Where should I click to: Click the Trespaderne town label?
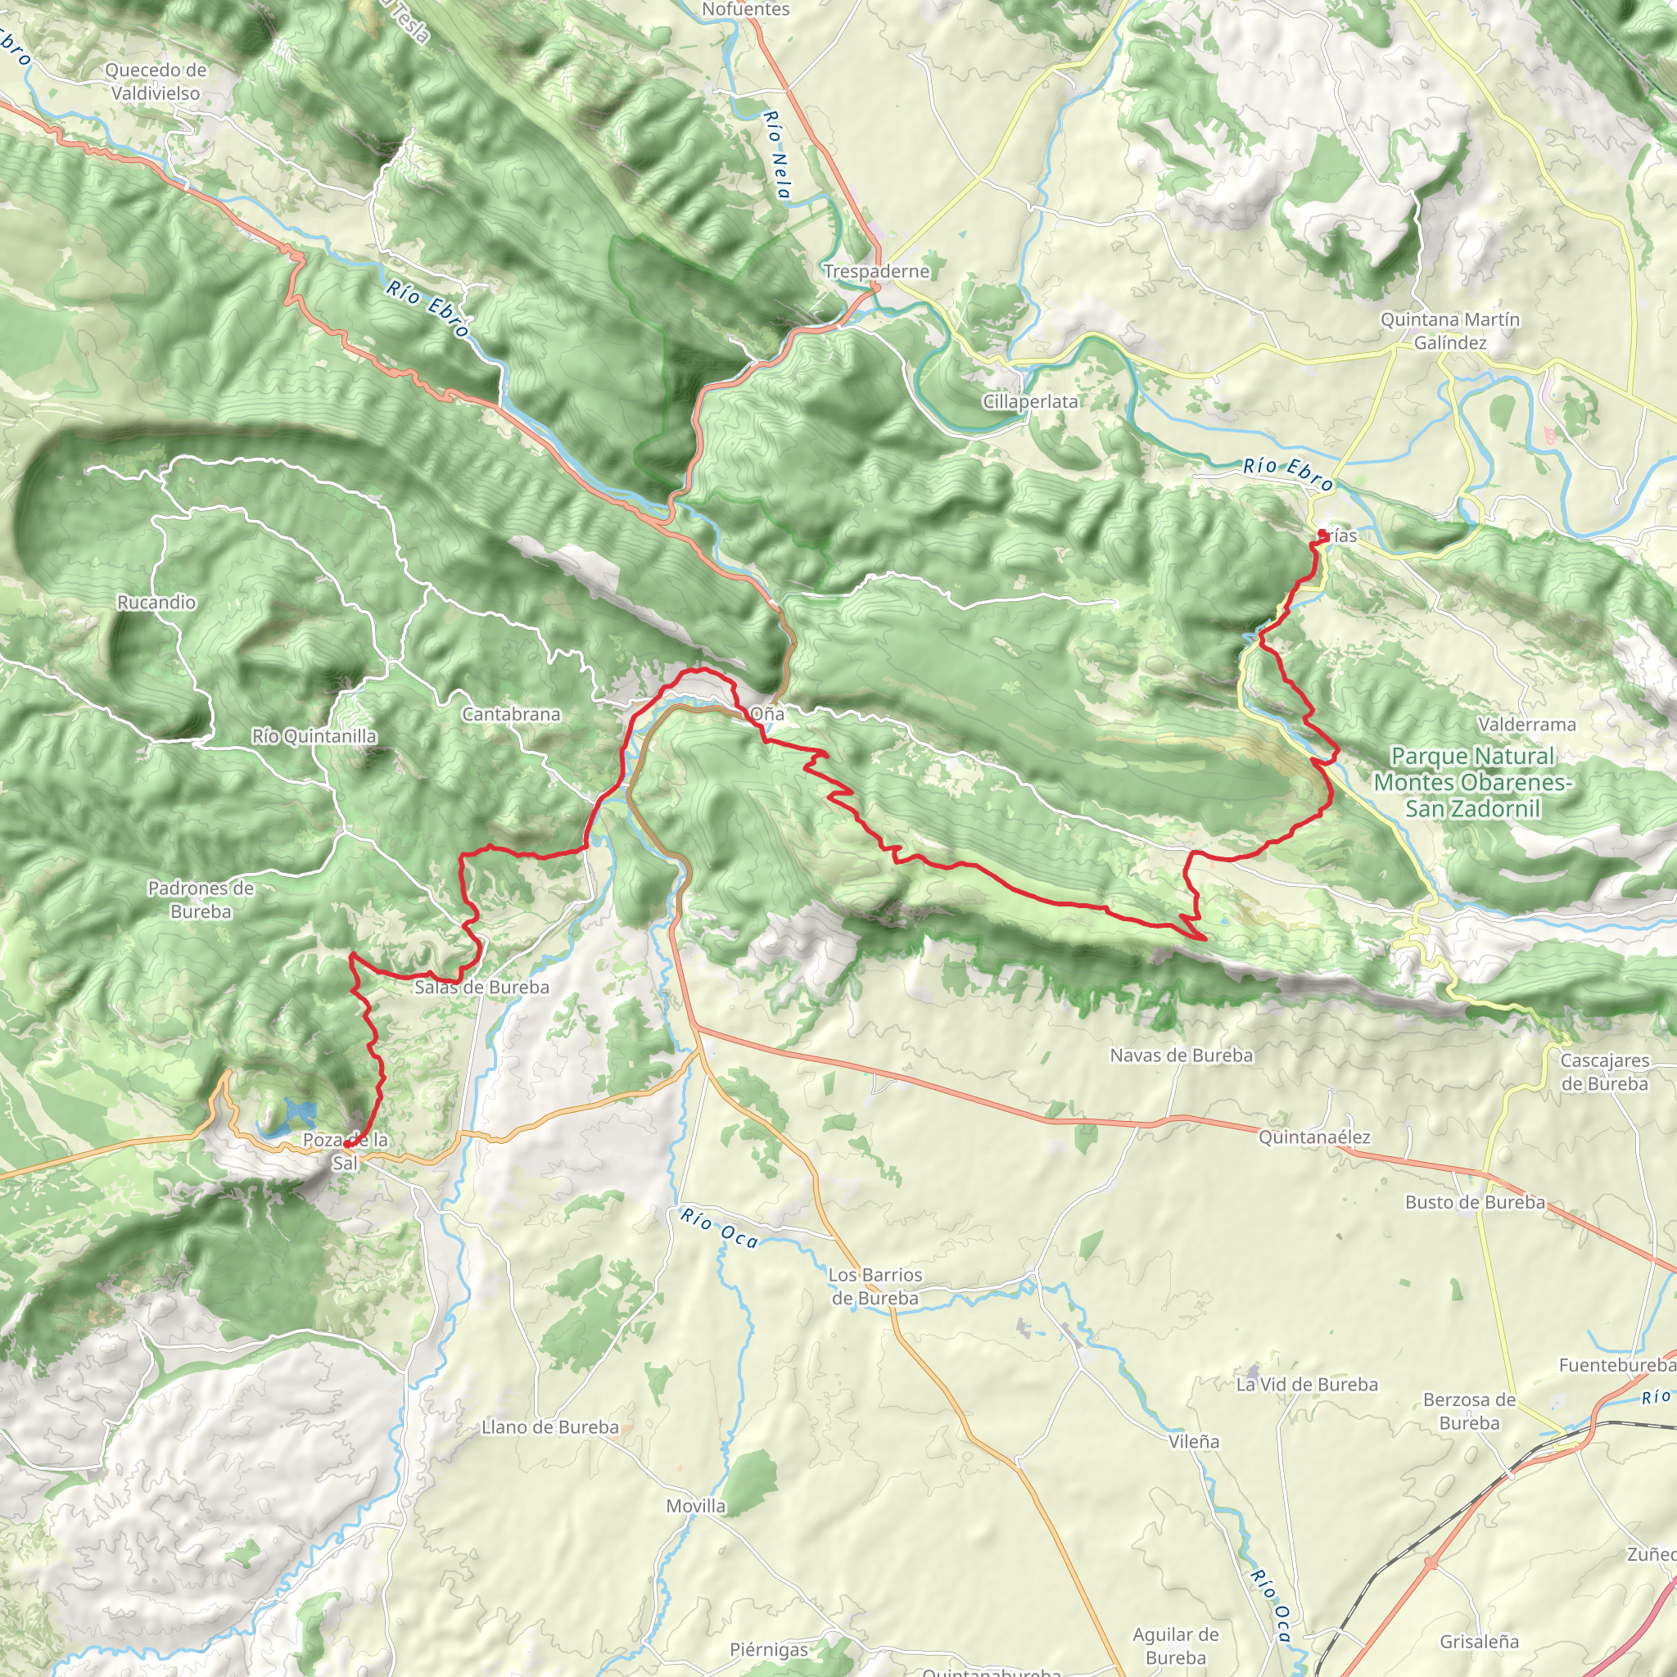tap(876, 272)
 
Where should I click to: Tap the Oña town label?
tap(767, 713)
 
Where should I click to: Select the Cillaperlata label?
tap(1030, 402)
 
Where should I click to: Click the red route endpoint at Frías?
tap(1321, 533)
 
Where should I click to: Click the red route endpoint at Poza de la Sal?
tap(347, 1145)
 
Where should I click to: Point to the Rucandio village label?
tap(156, 603)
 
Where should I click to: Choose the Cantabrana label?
tap(510, 714)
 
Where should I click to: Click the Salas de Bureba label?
tap(481, 987)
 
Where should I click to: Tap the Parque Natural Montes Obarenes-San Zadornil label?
tap(1472, 782)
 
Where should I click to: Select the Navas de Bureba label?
tap(1182, 1055)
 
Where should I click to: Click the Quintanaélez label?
tap(1314, 1137)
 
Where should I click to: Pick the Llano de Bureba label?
tap(550, 1427)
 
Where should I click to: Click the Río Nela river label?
tap(777, 155)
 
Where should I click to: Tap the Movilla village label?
tap(695, 1506)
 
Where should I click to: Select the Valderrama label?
tap(1527, 724)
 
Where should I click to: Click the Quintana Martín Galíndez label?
tap(1449, 331)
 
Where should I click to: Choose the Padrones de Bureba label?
tap(201, 899)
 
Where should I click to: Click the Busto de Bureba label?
tap(1475, 1202)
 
